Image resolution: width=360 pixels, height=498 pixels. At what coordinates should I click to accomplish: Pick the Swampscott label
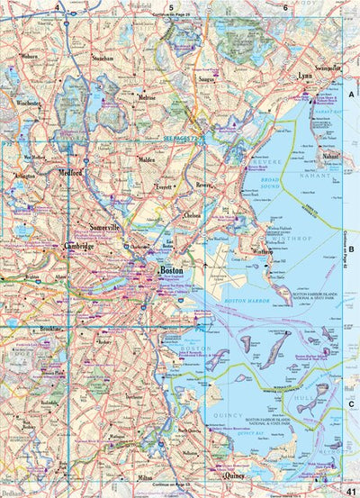(x=327, y=68)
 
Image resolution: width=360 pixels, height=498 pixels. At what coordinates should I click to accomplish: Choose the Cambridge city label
(x=78, y=245)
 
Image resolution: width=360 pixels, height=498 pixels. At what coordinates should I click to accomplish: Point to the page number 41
(x=350, y=486)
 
